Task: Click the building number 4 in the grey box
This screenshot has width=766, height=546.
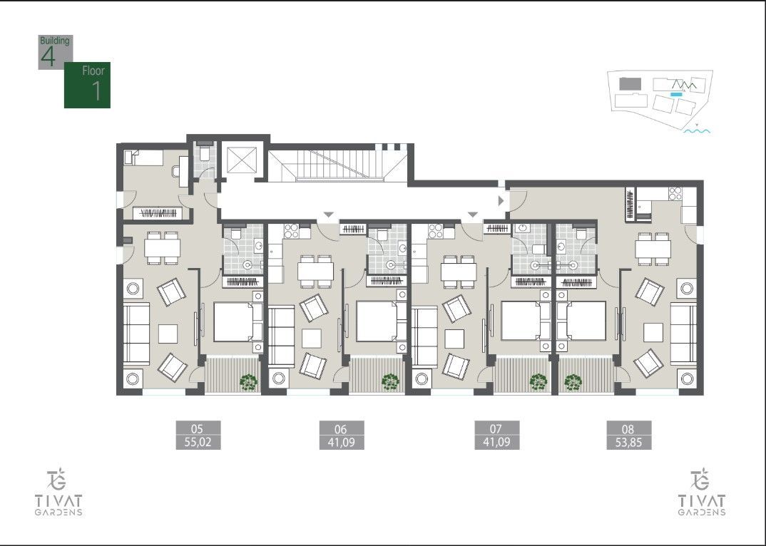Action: tap(48, 58)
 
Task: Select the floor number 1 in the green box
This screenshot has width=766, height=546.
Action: tap(96, 91)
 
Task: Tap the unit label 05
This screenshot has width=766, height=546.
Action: tap(198, 428)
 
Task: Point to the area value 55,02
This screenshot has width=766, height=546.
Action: tap(198, 442)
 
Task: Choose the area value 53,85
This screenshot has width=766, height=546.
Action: tap(628, 442)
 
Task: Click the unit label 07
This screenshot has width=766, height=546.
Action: tap(496, 428)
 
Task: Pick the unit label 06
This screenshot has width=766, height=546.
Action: tap(340, 428)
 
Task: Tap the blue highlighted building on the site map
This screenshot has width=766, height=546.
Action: tap(676, 93)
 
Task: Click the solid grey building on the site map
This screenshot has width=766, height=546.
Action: tap(630, 83)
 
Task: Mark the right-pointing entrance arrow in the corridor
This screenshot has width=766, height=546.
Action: tap(500, 201)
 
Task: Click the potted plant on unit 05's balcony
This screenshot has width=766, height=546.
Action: tap(248, 383)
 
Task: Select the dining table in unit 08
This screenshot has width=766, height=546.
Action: tap(653, 247)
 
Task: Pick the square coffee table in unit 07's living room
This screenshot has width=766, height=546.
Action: tap(455, 337)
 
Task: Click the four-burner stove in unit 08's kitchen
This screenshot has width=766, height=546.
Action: tap(673, 192)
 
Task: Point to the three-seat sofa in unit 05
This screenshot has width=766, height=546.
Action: tap(136, 334)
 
